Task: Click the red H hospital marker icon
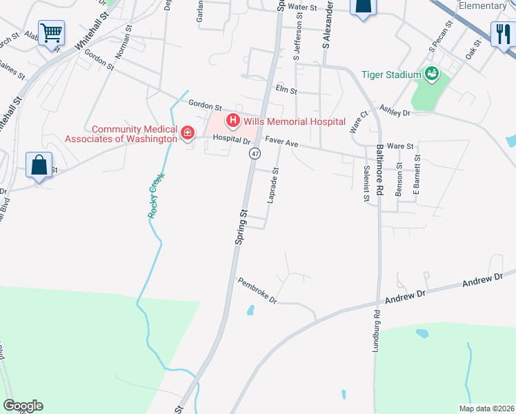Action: click(233, 121)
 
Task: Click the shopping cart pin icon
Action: click(52, 32)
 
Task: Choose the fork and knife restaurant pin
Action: click(502, 32)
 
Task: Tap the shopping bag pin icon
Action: click(39, 166)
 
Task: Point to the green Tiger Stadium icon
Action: click(433, 74)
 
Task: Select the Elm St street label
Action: click(286, 90)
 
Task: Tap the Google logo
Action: click(23, 406)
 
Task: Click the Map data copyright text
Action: click(486, 408)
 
